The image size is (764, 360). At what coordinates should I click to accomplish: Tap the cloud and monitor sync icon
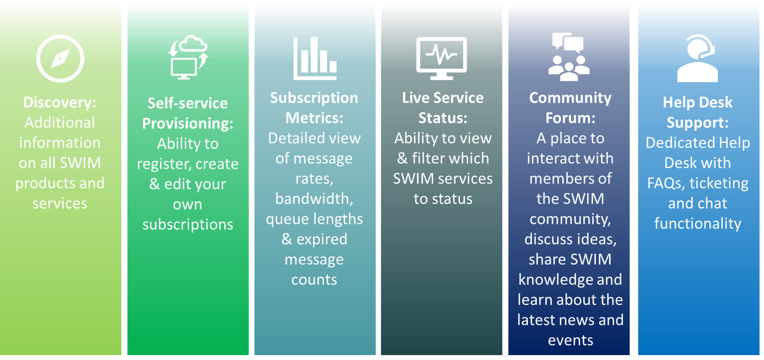pyautogui.click(x=188, y=57)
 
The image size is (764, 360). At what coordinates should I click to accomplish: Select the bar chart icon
pyautogui.click(x=315, y=58)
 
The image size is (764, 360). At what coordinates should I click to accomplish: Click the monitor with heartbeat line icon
pyautogui.click(x=441, y=58)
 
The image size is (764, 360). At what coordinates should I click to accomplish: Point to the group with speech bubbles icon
pyautogui.click(x=569, y=57)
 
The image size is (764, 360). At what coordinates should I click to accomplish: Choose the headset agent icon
pyautogui.click(x=697, y=58)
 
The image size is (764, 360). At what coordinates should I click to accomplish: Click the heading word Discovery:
pyautogui.click(x=60, y=102)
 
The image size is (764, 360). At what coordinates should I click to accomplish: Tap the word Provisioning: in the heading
pyautogui.click(x=188, y=123)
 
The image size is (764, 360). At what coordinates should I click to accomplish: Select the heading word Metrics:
pyautogui.click(x=314, y=118)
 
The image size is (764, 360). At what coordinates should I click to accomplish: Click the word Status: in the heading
pyautogui.click(x=443, y=118)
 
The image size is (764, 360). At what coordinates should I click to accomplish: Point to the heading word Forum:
pyautogui.click(x=570, y=118)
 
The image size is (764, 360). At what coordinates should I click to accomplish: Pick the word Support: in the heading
pyautogui.click(x=698, y=123)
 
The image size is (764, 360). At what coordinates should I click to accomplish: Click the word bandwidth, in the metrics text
pyautogui.click(x=314, y=199)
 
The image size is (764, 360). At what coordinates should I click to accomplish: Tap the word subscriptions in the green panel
pyautogui.click(x=188, y=224)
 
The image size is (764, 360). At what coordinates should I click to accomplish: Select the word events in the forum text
pyautogui.click(x=570, y=340)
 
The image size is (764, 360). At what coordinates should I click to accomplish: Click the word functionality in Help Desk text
pyautogui.click(x=698, y=224)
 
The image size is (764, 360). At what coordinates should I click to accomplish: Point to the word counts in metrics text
pyautogui.click(x=314, y=280)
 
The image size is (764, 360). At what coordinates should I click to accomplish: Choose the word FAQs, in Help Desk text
pyautogui.click(x=665, y=183)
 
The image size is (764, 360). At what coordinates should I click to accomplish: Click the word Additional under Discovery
pyautogui.click(x=60, y=123)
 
